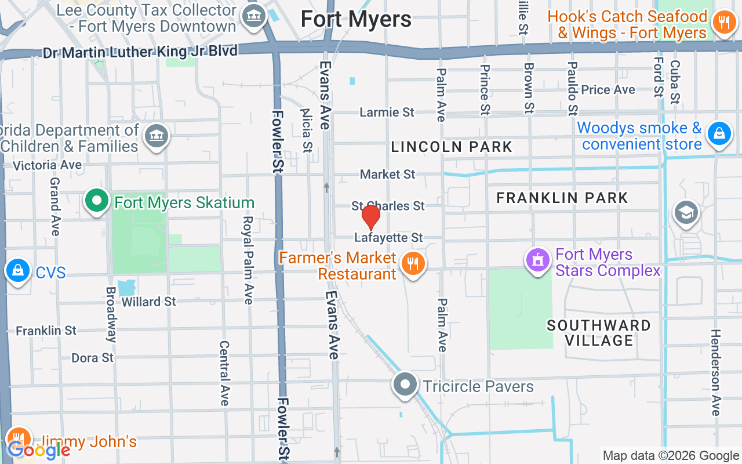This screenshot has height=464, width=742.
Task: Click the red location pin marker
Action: [371, 217]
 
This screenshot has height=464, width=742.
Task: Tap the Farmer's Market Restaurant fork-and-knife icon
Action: [413, 264]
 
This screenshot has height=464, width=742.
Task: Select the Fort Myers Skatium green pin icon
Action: [97, 201]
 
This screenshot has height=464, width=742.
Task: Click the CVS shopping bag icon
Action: [18, 270]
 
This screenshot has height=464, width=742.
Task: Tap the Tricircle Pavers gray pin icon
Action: [405, 384]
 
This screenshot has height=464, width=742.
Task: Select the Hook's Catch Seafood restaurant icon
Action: [723, 24]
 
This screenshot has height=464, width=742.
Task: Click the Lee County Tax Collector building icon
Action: [254, 16]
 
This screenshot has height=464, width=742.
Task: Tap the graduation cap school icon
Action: [686, 213]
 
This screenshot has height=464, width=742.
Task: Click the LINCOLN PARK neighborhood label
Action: [452, 147]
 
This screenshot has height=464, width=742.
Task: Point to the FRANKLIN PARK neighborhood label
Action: [562, 198]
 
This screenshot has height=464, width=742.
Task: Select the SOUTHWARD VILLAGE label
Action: [599, 333]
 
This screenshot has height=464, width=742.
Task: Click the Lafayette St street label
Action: [389, 238]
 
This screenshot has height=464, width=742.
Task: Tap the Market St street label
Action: [388, 174]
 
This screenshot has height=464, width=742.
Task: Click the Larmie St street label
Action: [387, 112]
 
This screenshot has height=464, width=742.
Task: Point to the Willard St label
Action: [149, 302]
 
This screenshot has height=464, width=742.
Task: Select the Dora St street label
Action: [93, 358]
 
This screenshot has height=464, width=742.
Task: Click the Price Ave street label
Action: [608, 90]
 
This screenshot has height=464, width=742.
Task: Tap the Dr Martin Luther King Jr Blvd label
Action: [140, 52]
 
